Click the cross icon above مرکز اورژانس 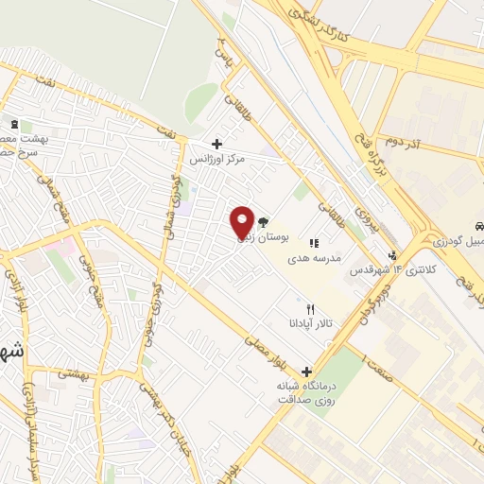[x=217, y=144]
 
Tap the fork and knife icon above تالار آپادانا [x=310, y=309]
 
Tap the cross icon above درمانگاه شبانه [x=305, y=372]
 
